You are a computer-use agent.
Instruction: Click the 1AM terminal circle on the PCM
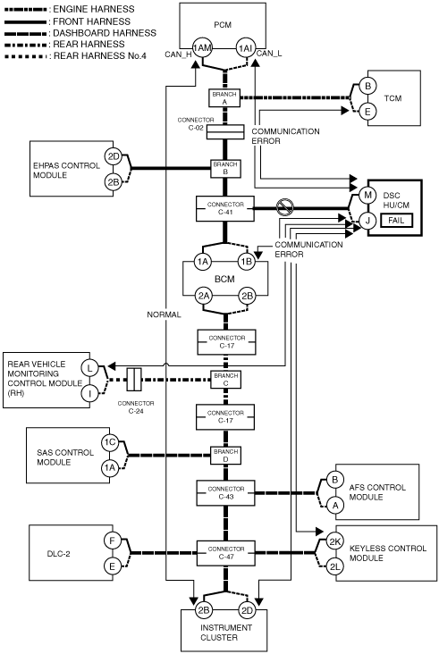click(x=202, y=48)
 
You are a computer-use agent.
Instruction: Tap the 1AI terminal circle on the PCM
click(x=245, y=48)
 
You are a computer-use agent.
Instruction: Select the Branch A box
click(x=224, y=98)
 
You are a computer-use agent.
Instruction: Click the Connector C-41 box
click(x=225, y=208)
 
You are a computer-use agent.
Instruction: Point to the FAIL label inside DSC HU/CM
click(x=396, y=220)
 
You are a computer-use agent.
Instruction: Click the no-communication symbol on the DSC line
click(x=285, y=207)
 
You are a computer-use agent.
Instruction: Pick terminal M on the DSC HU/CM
click(x=367, y=195)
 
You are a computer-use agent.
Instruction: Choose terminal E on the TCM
click(x=367, y=112)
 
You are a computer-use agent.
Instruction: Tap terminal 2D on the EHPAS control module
click(x=113, y=157)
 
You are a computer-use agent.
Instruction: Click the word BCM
click(x=224, y=279)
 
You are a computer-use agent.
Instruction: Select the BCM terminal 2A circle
click(x=203, y=296)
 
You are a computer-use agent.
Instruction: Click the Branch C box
click(x=226, y=380)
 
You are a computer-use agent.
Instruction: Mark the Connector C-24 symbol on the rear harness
click(x=134, y=380)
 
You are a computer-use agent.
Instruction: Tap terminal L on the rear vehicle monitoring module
click(x=89, y=368)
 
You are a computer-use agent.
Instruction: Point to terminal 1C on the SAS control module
click(x=110, y=442)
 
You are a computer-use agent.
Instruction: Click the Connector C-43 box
click(x=225, y=493)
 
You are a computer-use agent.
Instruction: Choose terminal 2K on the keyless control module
click(x=334, y=541)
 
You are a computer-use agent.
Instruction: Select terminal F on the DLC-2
click(x=113, y=541)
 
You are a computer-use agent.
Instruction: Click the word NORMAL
click(x=164, y=314)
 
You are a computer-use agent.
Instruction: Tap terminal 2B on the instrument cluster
click(x=203, y=610)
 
